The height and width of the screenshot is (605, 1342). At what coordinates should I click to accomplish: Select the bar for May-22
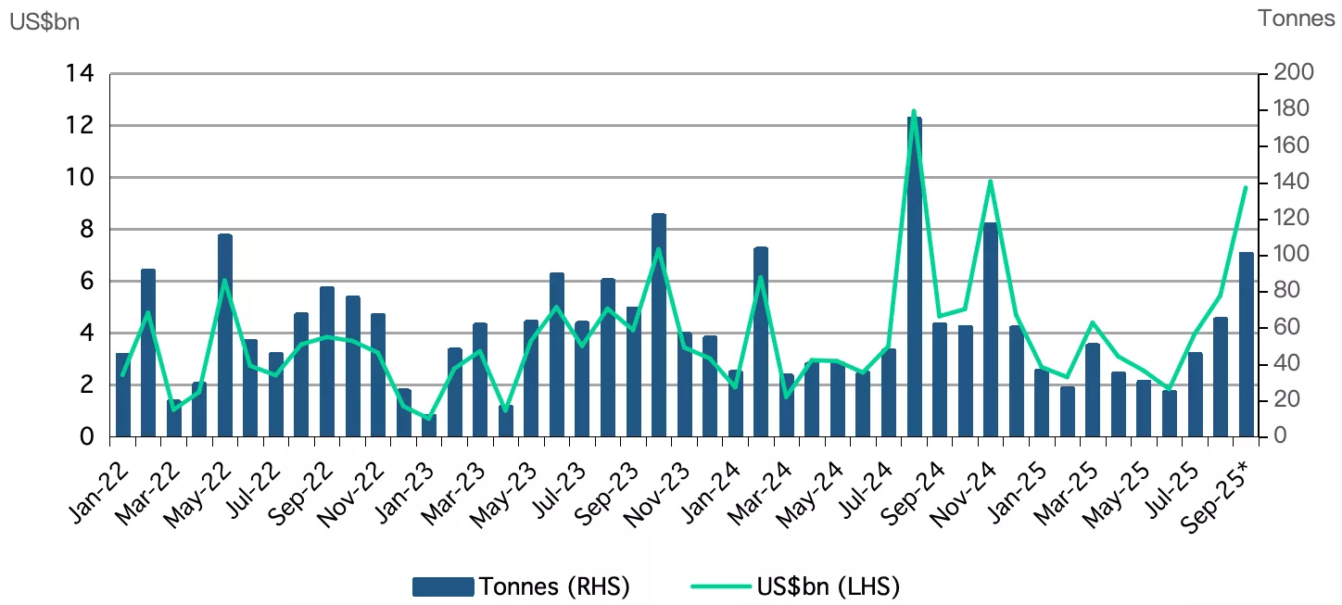click(224, 334)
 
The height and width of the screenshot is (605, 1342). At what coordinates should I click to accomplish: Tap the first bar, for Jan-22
click(122, 394)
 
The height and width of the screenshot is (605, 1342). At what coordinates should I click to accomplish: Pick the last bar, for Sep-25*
click(1246, 344)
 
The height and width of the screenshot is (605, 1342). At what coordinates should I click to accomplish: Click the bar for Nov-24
click(990, 329)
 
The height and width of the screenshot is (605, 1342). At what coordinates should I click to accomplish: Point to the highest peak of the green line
click(914, 111)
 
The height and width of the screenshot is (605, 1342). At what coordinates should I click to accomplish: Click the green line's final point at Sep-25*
click(1246, 188)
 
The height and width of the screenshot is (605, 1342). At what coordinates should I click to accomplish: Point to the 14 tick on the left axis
click(81, 73)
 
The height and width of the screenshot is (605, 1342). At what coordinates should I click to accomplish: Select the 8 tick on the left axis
click(87, 229)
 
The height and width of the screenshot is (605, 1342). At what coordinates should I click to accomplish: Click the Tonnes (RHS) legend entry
click(522, 586)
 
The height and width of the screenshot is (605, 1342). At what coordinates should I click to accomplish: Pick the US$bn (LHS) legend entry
click(795, 586)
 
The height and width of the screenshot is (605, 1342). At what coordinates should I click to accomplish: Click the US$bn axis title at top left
click(44, 22)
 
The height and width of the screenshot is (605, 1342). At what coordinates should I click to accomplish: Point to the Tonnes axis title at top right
click(1296, 19)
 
